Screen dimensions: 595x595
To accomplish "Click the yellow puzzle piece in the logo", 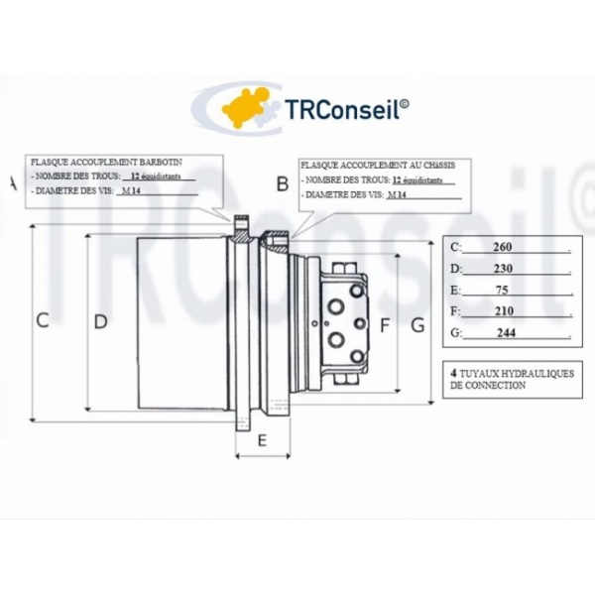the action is pyautogui.click(x=246, y=108).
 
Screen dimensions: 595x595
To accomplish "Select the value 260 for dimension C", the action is pyautogui.click(x=503, y=247).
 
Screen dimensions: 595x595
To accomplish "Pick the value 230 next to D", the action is pyautogui.click(x=503, y=269).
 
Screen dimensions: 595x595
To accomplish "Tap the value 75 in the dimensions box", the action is pyautogui.click(x=502, y=290).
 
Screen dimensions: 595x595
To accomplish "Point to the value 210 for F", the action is pyautogui.click(x=504, y=311).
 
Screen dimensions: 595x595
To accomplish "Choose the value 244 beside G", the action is pyautogui.click(x=506, y=333).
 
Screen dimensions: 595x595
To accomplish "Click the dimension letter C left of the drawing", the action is pyautogui.click(x=42, y=320).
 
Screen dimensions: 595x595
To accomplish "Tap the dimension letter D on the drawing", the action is pyautogui.click(x=100, y=321).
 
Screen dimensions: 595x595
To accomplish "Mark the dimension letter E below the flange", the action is pyautogui.click(x=262, y=440).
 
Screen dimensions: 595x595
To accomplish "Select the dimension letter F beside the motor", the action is pyautogui.click(x=385, y=325).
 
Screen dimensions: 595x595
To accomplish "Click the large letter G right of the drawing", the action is pyautogui.click(x=417, y=325).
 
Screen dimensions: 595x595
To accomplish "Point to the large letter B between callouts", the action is pyautogui.click(x=283, y=183).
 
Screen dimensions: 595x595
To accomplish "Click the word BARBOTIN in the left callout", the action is pyautogui.click(x=161, y=162).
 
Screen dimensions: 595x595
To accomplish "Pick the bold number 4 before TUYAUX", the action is pyautogui.click(x=453, y=373).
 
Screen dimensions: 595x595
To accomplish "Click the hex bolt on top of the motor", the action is pyautogui.click(x=345, y=268).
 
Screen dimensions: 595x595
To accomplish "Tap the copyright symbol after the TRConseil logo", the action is pyautogui.click(x=405, y=103).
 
